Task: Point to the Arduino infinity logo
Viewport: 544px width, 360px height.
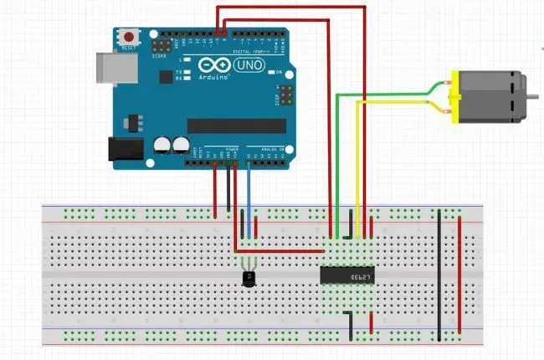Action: [209, 64]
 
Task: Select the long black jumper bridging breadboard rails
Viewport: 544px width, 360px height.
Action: [439, 276]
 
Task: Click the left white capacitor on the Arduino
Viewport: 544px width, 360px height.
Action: [161, 144]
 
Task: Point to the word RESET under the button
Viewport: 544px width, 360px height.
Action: [129, 49]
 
